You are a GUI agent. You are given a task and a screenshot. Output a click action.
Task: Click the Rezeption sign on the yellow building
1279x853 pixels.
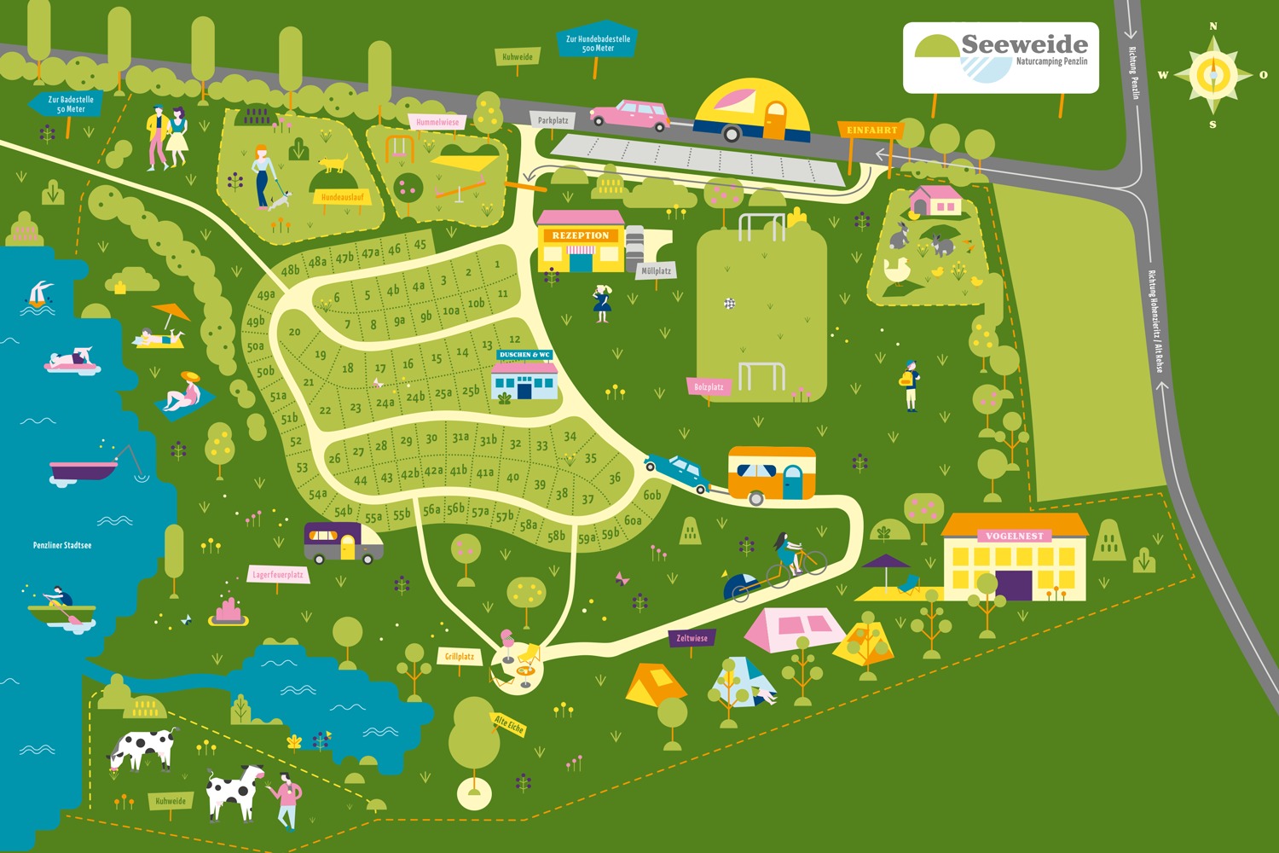point(580,235)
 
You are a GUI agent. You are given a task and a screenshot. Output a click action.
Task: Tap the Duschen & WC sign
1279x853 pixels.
point(524,355)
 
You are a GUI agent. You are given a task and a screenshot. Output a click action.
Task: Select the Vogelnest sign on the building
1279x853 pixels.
point(1015,536)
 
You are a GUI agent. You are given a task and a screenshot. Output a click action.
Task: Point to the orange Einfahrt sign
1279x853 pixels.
point(871,131)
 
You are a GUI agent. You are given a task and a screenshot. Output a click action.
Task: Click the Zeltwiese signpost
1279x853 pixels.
point(692,638)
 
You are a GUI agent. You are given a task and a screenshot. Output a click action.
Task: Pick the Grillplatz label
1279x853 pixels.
point(459,656)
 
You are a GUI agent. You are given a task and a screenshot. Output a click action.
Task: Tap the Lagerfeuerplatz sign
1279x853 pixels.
point(278,574)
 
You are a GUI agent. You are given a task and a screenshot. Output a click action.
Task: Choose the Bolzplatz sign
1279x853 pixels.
point(709,387)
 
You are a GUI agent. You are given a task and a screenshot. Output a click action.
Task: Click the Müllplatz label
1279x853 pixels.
point(656,271)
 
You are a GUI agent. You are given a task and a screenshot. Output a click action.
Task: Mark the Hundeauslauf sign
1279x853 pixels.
point(342,197)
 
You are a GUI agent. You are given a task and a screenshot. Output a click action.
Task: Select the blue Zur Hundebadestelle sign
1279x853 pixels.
point(598,43)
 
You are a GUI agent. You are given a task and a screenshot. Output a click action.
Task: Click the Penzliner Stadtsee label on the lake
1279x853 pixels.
point(62,545)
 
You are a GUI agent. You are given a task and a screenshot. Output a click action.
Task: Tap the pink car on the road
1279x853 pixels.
point(631,114)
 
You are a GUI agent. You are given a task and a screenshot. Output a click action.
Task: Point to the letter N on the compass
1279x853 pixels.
point(1213,26)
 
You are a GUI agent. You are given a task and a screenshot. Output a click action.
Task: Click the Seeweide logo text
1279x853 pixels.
point(1024,44)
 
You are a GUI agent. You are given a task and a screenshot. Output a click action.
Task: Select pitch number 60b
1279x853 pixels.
point(652,495)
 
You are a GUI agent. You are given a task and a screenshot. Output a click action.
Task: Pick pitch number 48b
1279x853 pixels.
point(290,270)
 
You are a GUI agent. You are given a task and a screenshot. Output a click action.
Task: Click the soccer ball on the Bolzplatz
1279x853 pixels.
point(729,303)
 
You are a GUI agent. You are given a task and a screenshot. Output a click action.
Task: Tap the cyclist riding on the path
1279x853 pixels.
point(789,556)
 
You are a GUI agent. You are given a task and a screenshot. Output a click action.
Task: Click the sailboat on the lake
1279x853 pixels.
point(39,295)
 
